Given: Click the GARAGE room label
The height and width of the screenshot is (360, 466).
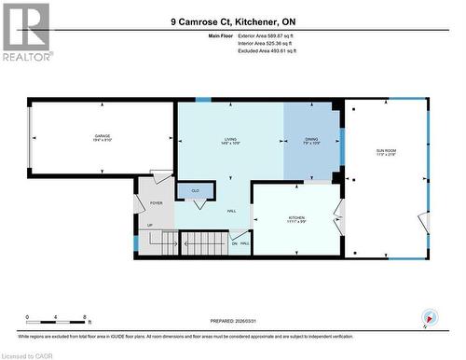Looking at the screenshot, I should [101, 135].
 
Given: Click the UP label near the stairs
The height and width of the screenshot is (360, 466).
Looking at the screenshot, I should [150, 226].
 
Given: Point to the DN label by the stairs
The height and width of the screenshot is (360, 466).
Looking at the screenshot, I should [235, 243].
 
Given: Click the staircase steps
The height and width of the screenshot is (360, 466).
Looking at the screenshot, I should [202, 244].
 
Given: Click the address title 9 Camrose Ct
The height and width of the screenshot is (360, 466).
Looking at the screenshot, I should [232, 21].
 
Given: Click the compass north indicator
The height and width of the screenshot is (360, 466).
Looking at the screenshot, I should [428, 316].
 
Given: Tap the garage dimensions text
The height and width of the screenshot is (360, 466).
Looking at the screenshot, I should [101, 141].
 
